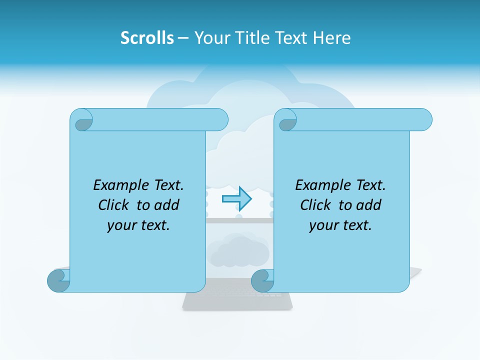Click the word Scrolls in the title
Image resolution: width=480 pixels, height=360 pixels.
[x=147, y=37]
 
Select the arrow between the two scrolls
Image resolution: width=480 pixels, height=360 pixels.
[x=236, y=198]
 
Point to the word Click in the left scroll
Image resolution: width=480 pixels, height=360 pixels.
[x=113, y=205]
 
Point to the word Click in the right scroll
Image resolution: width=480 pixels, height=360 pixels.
[x=315, y=205]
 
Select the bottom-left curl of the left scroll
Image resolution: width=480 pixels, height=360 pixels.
[x=58, y=280]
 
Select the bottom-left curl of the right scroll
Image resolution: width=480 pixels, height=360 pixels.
[x=262, y=280]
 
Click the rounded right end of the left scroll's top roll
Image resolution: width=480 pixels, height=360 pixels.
[x=220, y=119]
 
